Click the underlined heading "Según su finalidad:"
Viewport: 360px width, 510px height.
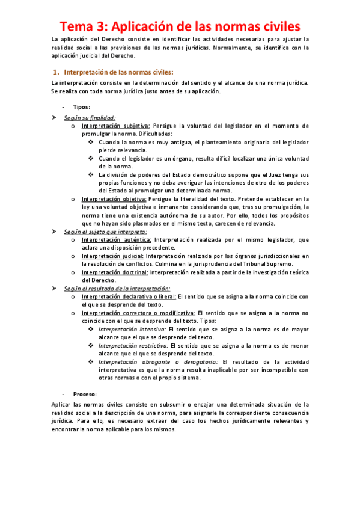tap(90, 118)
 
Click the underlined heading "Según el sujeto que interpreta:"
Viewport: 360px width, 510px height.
tap(106, 232)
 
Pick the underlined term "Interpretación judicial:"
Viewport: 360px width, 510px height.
tap(113, 256)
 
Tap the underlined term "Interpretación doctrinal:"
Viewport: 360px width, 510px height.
tap(115, 272)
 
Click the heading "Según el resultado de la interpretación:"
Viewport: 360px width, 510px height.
tap(117, 289)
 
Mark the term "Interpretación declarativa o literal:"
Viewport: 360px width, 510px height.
tap(129, 296)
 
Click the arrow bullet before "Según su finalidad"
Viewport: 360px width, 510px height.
tap(55, 118)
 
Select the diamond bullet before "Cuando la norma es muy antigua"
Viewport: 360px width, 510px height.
tap(91, 142)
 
